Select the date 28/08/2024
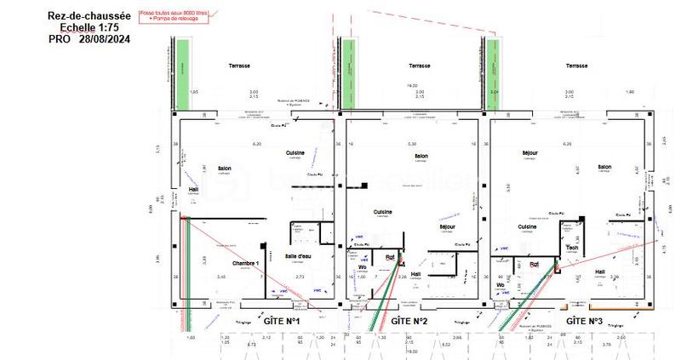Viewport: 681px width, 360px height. coord(105,38)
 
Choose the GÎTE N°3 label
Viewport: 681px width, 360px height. coord(584,321)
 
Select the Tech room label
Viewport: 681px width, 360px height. coord(572,249)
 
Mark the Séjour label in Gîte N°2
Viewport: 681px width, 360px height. coord(449,227)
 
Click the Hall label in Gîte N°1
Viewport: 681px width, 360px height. coord(193,190)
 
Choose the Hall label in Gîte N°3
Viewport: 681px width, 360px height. coord(600,272)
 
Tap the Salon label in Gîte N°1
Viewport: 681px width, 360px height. coord(225,168)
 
